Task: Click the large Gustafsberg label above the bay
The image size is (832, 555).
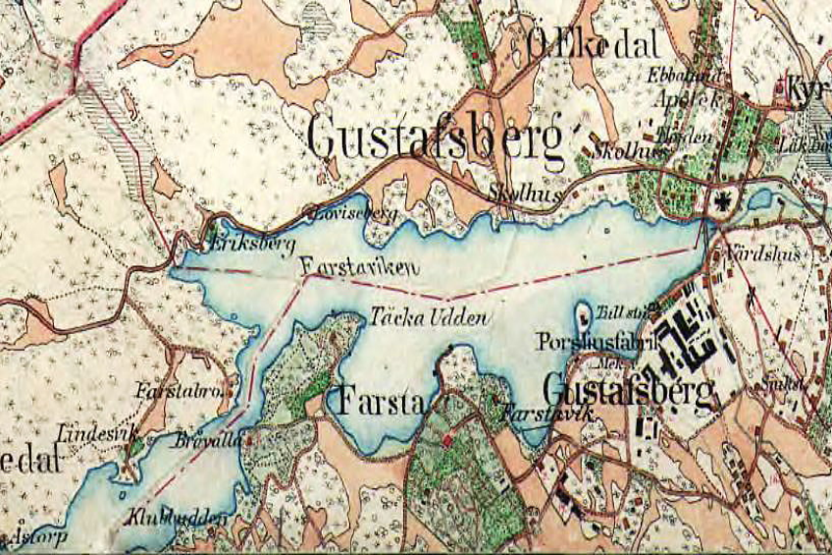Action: click(x=436, y=139)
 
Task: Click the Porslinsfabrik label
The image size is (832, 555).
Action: click(x=583, y=343)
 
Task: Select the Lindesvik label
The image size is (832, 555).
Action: click(x=92, y=430)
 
